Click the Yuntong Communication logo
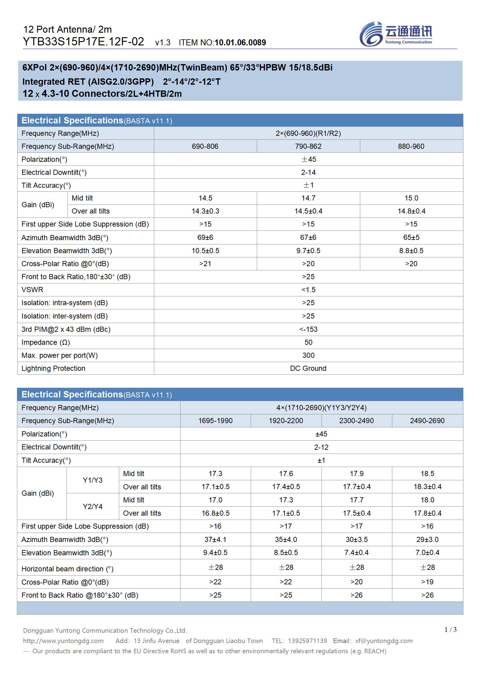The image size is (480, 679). point(396,34)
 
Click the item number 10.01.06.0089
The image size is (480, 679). point(240,43)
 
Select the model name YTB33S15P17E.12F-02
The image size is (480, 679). point(83,42)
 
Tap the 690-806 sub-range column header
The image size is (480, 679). point(205,146)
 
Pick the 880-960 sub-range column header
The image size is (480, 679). point(411,146)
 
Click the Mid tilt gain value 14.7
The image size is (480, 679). point(308,198)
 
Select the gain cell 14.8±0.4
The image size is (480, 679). point(411,211)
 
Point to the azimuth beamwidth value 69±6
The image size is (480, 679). point(205,237)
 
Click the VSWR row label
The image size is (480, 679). point(32,290)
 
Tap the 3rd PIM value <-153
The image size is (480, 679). point(308,329)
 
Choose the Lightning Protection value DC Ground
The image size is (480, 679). point(308,368)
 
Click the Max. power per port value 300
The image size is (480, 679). point(308,355)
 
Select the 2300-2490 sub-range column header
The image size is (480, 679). point(356,421)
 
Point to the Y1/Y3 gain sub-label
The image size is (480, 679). point(93,480)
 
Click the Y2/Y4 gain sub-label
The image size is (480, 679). point(93,507)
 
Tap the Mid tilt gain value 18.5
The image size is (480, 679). point(427,474)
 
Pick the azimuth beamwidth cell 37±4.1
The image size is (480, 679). point(215,540)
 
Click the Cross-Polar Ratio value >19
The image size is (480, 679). point(427,582)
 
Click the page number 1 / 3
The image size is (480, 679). point(450,629)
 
